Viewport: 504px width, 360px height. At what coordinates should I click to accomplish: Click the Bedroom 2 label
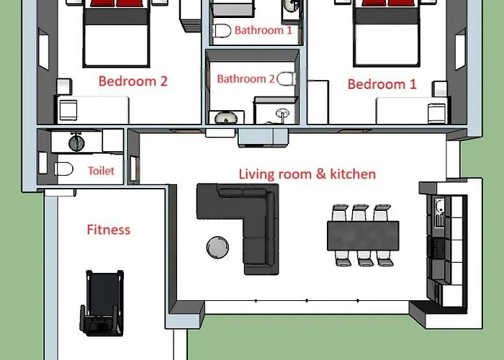point(133,81)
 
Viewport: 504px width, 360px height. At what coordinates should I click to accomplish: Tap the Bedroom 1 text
point(382,84)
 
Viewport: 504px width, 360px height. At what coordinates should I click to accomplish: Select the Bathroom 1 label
point(264,30)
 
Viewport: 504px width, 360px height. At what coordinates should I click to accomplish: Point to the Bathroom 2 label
point(246,78)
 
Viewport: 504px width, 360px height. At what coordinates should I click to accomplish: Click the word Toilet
point(102,171)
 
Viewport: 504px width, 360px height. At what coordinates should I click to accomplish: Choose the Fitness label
point(109,230)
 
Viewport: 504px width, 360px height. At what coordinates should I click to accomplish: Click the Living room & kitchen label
point(307,174)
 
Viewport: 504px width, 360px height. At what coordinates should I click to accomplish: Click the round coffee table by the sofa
point(217,247)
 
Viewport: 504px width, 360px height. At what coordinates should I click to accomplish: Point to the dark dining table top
point(363,235)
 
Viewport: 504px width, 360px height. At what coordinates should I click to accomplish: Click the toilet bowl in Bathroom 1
point(222,31)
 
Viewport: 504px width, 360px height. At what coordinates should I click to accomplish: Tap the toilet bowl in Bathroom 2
point(286,78)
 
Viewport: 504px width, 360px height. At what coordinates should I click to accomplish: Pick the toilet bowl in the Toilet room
point(63,169)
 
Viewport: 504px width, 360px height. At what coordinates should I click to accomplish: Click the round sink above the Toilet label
point(76,143)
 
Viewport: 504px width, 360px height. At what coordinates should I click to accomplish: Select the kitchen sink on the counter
point(440,212)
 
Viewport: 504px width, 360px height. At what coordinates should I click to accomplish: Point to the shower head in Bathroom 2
point(282,113)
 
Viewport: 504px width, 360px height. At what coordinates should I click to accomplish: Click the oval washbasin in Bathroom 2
point(226,117)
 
